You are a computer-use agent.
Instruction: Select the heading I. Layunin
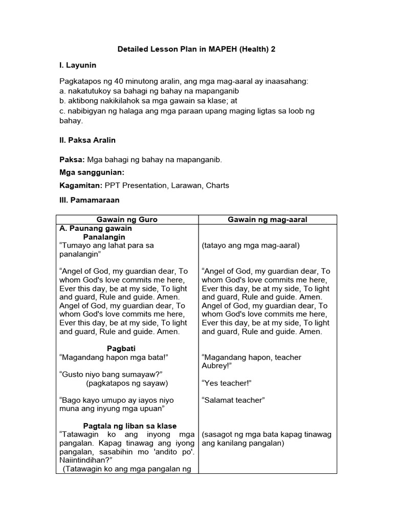point(78,65)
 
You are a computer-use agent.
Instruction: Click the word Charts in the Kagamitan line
point(217,186)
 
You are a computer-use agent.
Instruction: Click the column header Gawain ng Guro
point(127,220)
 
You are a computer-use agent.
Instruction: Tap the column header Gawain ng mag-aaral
point(268,220)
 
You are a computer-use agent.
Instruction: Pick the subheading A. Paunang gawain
point(96,228)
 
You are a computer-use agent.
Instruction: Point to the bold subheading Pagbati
point(120,348)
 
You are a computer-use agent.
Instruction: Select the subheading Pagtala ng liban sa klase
point(130,426)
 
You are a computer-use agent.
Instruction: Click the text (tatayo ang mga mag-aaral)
point(251,246)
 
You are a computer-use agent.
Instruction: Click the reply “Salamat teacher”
point(233,400)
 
